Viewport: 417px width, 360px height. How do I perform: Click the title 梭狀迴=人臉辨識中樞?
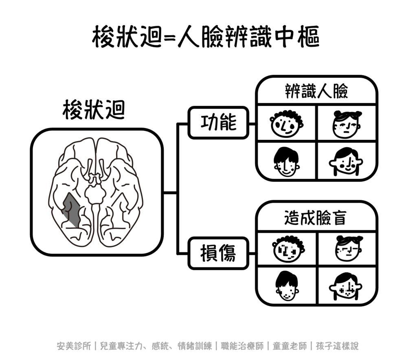206,37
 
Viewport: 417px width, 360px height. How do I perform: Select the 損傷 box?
218,253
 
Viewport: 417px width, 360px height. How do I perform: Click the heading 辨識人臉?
316,92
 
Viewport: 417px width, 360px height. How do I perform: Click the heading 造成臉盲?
316,219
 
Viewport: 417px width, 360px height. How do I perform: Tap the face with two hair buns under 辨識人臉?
347,124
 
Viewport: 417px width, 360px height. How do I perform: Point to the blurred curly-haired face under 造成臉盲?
288,249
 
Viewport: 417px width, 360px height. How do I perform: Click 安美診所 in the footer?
74,346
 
